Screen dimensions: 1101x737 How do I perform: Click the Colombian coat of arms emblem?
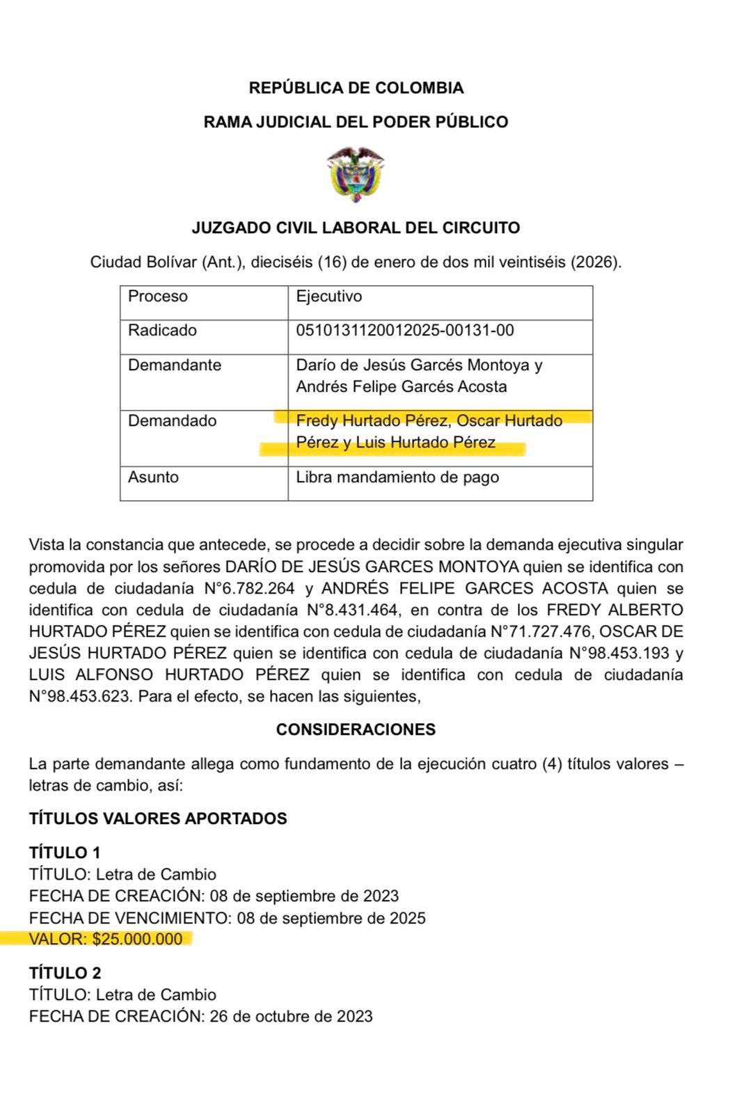pos(356,174)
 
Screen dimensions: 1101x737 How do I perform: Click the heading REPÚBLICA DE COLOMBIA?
pos(356,88)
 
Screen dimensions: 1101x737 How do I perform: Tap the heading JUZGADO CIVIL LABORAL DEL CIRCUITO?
pos(356,228)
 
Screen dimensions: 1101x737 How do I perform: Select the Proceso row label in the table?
pos(158,296)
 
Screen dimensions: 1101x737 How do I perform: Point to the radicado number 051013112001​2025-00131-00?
pos(405,331)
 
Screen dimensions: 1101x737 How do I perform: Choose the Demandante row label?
pos(174,365)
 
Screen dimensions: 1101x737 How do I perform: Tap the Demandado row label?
pos(172,421)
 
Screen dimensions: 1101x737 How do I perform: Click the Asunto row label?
pos(153,477)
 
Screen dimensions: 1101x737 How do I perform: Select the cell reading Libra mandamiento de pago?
pos(397,477)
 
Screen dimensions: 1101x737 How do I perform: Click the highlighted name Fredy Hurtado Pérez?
pos(372,421)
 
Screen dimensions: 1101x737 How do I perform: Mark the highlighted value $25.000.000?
pos(137,940)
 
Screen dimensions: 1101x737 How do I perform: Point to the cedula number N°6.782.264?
pos(250,588)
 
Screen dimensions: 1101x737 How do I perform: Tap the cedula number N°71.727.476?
pos(542,632)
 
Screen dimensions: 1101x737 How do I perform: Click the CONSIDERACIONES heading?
pos(356,729)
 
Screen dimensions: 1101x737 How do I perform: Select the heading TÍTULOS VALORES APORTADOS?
pos(158,818)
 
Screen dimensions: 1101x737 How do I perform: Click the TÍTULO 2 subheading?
pos(65,973)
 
